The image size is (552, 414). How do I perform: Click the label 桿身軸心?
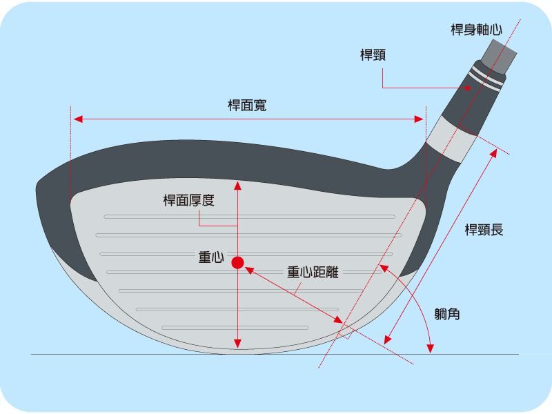click(476, 30)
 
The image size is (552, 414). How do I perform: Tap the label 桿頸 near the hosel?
click(373, 55)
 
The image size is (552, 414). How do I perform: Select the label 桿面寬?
click(247, 106)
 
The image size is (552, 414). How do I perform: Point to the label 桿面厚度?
click(188, 201)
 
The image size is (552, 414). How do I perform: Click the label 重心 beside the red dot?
click(210, 257)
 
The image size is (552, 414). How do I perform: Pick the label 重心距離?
click(313, 272)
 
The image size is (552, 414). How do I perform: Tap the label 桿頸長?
click(484, 230)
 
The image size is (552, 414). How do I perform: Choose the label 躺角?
click(448, 315)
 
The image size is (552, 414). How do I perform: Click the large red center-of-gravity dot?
click(237, 262)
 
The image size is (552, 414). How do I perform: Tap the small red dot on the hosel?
click(468, 88)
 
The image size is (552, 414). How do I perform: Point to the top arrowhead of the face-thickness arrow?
click(237, 185)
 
